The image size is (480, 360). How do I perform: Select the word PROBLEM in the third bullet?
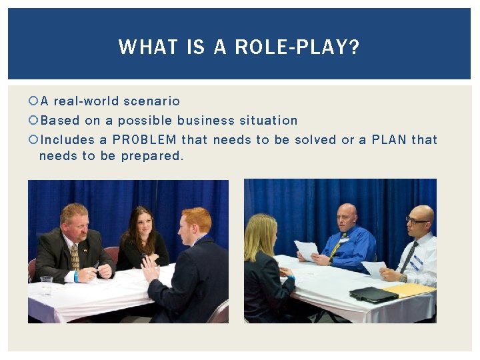[145, 139]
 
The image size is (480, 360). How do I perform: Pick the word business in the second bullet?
[206, 121]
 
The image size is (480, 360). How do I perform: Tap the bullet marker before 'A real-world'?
[33, 101]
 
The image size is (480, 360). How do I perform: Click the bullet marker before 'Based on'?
[33, 121]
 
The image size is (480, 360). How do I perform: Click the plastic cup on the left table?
[45, 285]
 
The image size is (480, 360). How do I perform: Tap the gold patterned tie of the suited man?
[75, 257]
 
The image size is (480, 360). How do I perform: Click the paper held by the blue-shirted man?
[307, 250]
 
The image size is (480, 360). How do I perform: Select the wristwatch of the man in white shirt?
[403, 277]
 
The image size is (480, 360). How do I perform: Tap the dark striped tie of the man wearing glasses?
[408, 257]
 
